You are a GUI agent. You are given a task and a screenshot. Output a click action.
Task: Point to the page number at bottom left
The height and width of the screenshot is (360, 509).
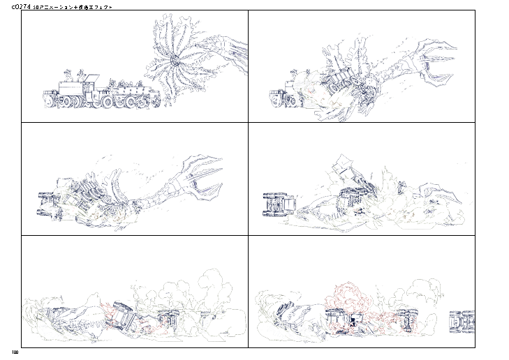14,351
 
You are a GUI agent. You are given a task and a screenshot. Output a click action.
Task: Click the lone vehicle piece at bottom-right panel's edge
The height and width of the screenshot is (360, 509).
462,322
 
